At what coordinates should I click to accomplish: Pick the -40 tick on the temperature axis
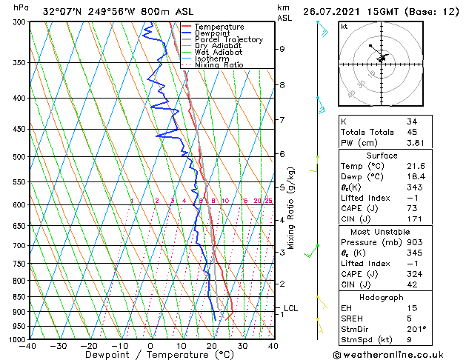[x=28, y=346]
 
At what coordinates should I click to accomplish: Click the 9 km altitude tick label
[x=282, y=49]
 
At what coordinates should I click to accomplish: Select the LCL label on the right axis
[x=291, y=308]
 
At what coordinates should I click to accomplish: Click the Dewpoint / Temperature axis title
[x=150, y=356]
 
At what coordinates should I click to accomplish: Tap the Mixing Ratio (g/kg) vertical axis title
[x=291, y=207]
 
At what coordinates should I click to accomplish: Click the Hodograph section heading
[x=382, y=297]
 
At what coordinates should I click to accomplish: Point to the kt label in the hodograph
[x=344, y=27]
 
